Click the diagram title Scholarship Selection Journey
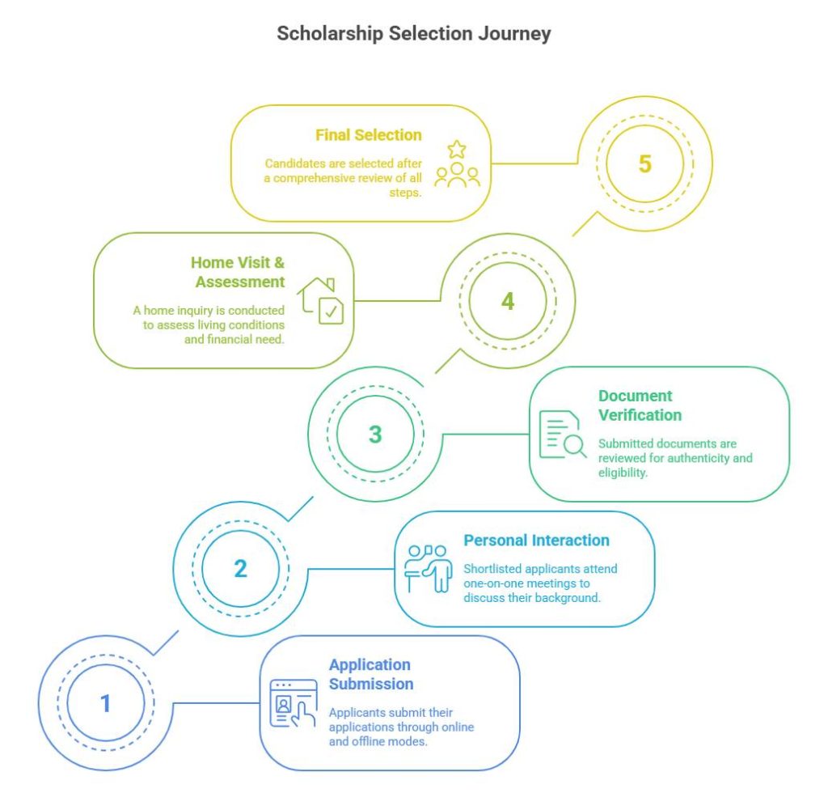413,33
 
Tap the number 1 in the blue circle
106,703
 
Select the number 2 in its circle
240,569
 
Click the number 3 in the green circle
375,435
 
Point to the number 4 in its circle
508,301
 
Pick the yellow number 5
644,163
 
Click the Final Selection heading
369,135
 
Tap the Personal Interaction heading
537,541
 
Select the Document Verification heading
640,405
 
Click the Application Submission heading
371,674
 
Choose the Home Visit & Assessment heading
239,272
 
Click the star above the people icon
457,150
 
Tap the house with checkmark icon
320,300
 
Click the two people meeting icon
429,569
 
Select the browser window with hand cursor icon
294,703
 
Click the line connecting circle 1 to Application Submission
217,703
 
